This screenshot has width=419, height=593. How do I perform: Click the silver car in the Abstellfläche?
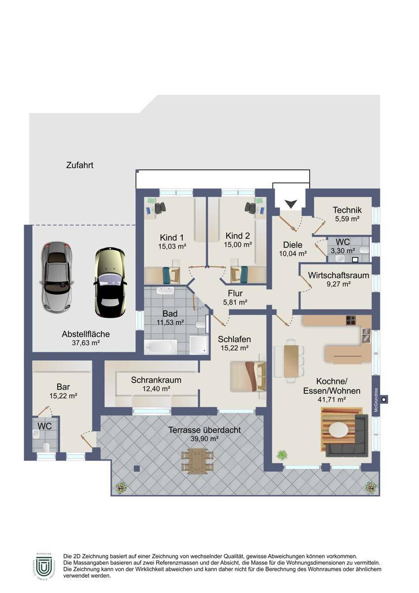coord(57,276)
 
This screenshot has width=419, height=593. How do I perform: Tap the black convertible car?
coord(110,283)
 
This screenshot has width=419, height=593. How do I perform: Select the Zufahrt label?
coord(80,166)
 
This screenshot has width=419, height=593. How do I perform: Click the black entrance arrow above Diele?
coord(291,203)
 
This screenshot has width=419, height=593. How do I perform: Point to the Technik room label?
coord(347,210)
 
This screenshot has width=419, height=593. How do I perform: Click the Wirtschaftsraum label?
coord(338,275)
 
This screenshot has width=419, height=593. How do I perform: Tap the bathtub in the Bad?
coord(161,346)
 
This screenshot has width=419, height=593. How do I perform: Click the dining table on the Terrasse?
coord(197,461)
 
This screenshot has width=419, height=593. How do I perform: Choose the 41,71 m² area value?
coord(331,399)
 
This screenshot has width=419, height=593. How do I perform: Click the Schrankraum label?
coord(156,380)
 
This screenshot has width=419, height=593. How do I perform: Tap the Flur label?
coord(235,294)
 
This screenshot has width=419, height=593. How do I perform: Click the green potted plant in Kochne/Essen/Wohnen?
coord(282,455)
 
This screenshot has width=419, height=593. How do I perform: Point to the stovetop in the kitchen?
coord(351,320)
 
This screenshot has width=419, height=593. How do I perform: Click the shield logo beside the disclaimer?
coord(44,566)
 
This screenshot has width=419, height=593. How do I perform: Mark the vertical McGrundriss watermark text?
coord(376,399)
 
